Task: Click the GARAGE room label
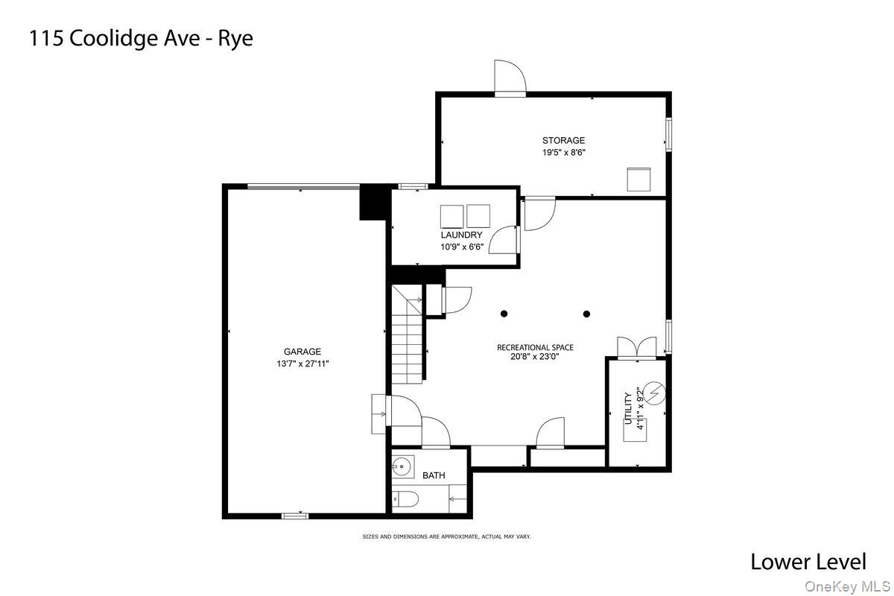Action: point(302,352)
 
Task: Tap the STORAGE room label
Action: point(563,140)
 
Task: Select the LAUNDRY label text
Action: point(456,235)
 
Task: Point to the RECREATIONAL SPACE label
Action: point(536,347)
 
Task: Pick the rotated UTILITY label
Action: point(628,409)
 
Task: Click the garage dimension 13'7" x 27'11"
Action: point(302,364)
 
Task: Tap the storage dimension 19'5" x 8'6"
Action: point(563,152)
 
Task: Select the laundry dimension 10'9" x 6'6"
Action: point(456,247)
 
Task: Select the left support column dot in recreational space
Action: point(504,314)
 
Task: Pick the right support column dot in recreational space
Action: point(586,314)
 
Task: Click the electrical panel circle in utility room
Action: point(655,393)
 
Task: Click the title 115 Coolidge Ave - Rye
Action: point(142,39)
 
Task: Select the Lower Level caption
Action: point(808,561)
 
